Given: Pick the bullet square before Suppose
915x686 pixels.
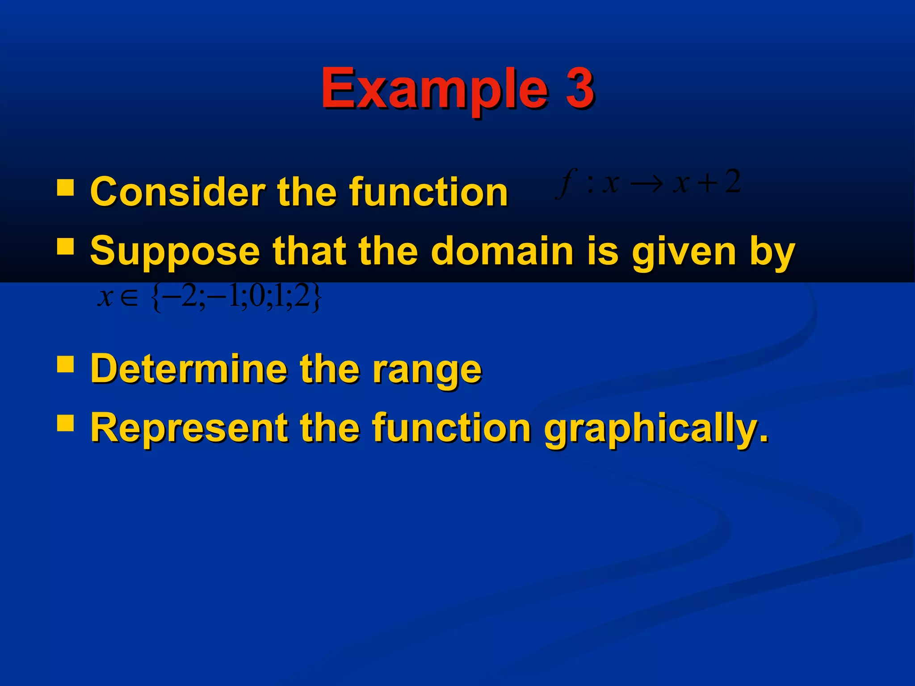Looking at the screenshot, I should pos(66,246).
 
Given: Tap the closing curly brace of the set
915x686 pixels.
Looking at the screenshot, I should pos(316,298).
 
